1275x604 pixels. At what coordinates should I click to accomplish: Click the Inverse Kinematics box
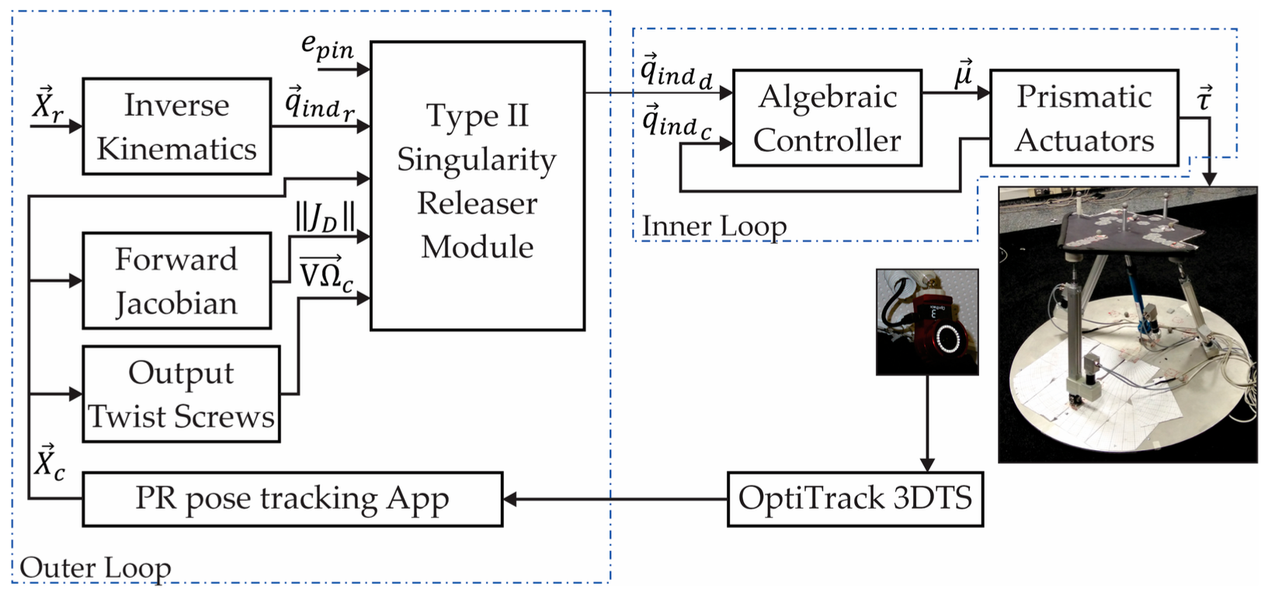click(x=176, y=126)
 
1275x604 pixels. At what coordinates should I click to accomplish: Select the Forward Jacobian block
click(x=176, y=280)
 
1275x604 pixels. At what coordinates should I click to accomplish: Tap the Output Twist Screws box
click(x=181, y=394)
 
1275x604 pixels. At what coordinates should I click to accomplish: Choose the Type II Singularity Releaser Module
click(x=477, y=186)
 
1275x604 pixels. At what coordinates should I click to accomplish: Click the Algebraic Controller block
click(x=827, y=118)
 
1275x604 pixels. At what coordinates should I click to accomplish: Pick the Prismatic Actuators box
click(x=1084, y=118)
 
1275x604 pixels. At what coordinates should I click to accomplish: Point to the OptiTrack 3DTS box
click(x=855, y=498)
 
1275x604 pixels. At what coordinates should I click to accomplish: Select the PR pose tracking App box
click(x=292, y=498)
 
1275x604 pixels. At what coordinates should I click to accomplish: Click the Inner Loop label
click(x=714, y=226)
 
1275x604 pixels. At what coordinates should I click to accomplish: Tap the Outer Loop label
click(x=95, y=568)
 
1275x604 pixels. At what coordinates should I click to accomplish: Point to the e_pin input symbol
click(x=327, y=48)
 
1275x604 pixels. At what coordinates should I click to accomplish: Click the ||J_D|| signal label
click(x=325, y=217)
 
